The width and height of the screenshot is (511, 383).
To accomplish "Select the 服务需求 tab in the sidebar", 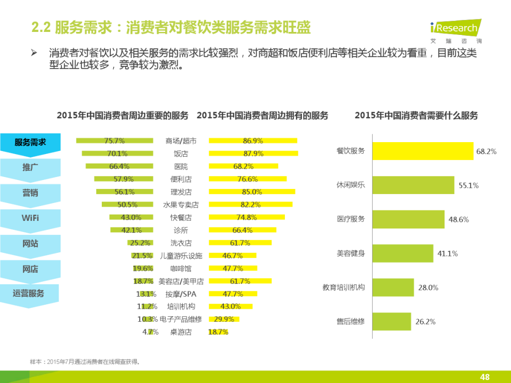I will [x=30, y=142].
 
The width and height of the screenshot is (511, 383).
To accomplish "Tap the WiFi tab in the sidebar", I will [x=30, y=218].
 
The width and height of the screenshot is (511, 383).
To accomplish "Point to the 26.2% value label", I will [x=426, y=322].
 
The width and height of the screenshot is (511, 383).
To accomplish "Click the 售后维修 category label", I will [x=351, y=322].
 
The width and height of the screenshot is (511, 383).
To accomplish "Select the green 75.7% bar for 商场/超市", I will [x=114, y=141].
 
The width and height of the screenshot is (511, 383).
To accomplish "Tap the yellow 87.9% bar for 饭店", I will [x=253, y=154].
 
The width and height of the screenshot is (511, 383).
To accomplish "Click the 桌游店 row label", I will [x=181, y=332].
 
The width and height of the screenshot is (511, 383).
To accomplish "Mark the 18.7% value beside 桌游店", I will [x=218, y=332].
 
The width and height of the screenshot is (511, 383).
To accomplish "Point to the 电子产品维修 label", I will [x=181, y=319].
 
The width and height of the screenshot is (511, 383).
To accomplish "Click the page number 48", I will [x=484, y=377].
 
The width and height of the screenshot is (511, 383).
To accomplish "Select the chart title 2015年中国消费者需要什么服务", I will [x=416, y=116].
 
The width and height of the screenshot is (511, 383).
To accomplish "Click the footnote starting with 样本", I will [x=85, y=362].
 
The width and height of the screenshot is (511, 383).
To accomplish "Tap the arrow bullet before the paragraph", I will [x=34, y=53].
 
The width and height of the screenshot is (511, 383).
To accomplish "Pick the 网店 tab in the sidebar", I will [x=30, y=269].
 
